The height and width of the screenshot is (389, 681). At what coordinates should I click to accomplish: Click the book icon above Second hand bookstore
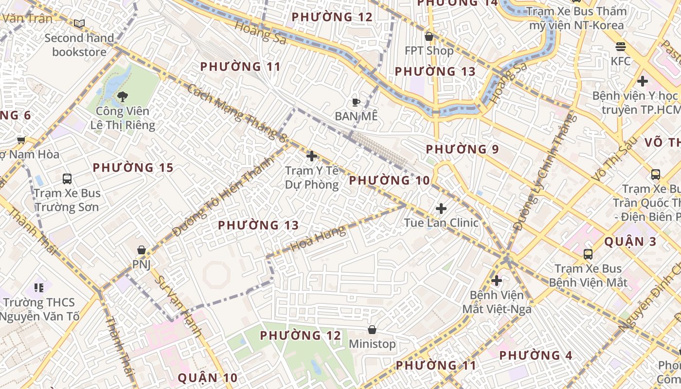click(79, 23)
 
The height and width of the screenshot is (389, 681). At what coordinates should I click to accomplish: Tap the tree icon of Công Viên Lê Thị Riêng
click(123, 96)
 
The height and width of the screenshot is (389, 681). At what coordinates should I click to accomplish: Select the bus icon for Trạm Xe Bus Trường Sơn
click(67, 178)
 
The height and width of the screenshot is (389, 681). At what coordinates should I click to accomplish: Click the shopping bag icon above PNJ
click(142, 250)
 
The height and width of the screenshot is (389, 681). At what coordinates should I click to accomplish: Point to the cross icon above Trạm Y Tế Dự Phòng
click(312, 156)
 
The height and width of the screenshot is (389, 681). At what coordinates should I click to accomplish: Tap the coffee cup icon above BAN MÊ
click(356, 102)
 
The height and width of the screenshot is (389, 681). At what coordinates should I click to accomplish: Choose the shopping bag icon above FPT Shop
click(429, 36)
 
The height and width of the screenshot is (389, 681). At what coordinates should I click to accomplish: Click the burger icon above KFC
click(620, 47)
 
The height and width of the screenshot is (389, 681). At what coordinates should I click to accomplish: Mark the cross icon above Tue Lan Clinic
click(441, 209)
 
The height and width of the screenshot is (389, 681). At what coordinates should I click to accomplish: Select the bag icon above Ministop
click(372, 330)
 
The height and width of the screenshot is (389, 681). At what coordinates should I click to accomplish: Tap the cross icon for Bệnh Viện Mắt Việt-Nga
click(497, 281)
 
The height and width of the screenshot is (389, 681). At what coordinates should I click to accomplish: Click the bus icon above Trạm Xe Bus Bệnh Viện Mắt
click(588, 254)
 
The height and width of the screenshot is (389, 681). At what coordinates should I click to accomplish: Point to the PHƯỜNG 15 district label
click(133, 168)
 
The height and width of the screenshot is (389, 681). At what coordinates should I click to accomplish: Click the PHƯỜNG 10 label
click(389, 180)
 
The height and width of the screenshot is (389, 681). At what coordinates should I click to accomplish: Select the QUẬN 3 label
click(630, 242)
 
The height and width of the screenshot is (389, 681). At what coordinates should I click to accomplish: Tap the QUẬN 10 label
click(207, 377)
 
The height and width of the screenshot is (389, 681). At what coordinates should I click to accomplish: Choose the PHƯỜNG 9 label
click(462, 149)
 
